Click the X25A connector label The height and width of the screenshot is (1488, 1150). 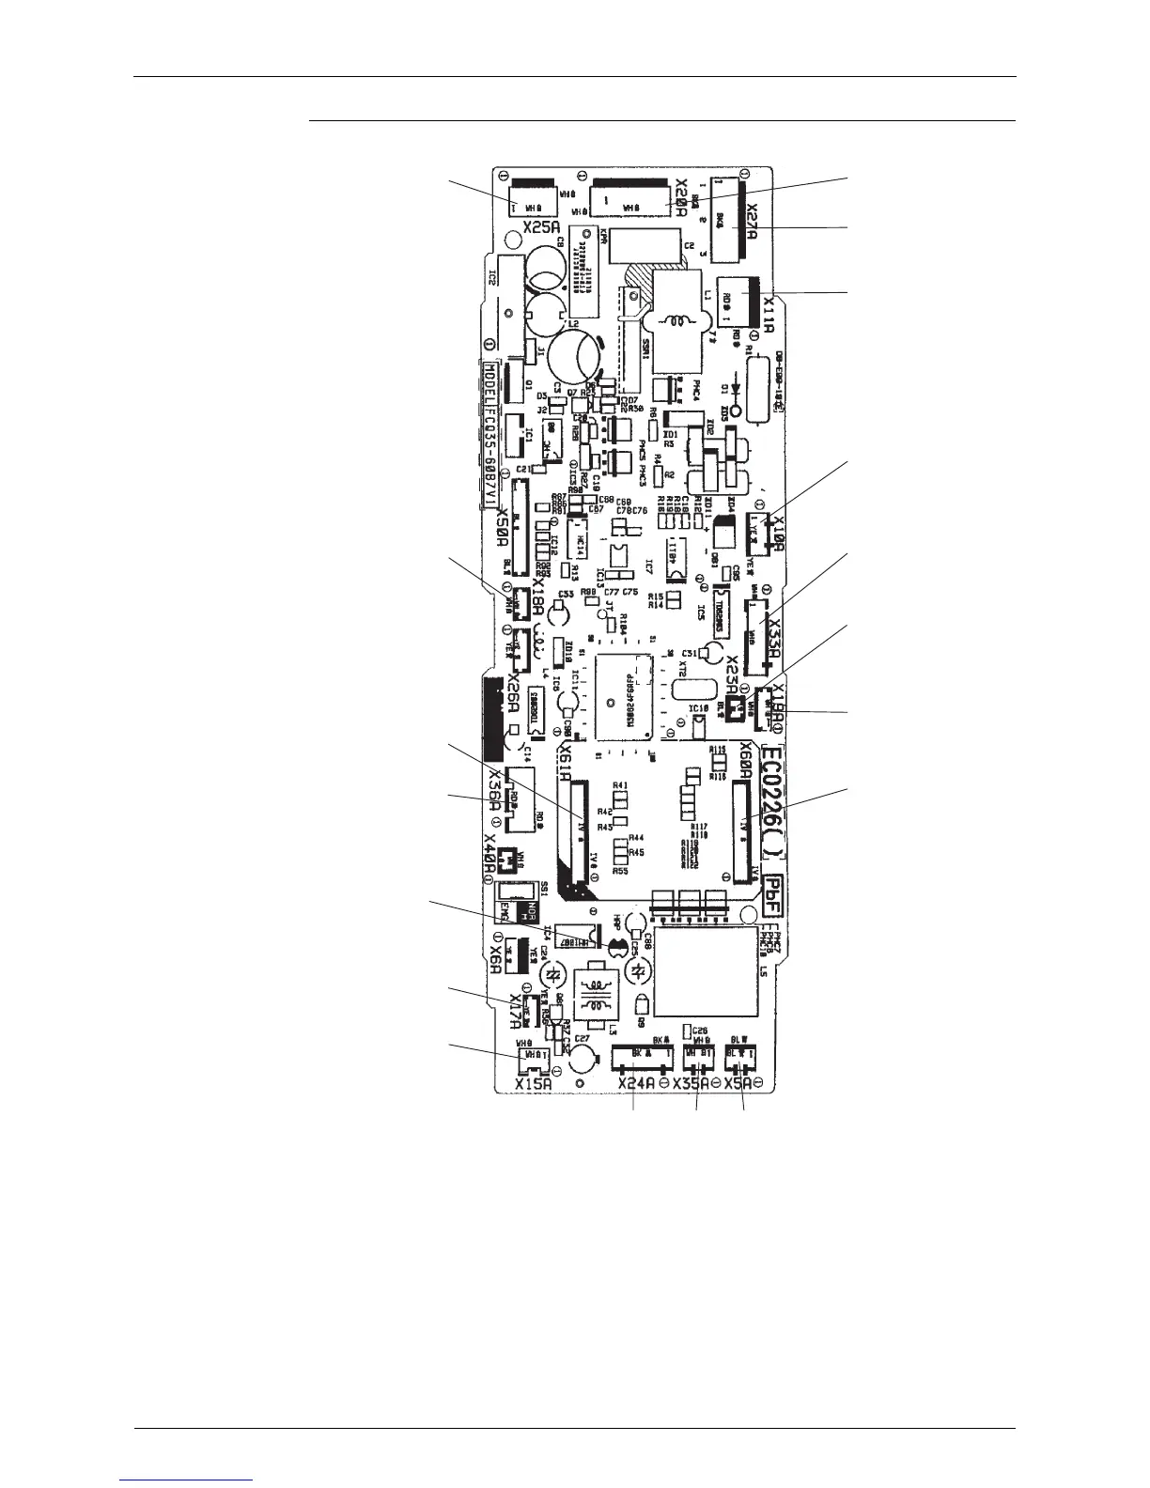coord(543,226)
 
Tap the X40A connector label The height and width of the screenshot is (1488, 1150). coord(490,854)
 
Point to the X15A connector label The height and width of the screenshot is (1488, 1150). coord(533,1084)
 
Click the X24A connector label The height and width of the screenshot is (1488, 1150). coord(636,1085)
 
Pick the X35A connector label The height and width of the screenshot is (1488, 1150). coord(691,1085)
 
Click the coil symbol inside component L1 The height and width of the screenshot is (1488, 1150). coord(677,321)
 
